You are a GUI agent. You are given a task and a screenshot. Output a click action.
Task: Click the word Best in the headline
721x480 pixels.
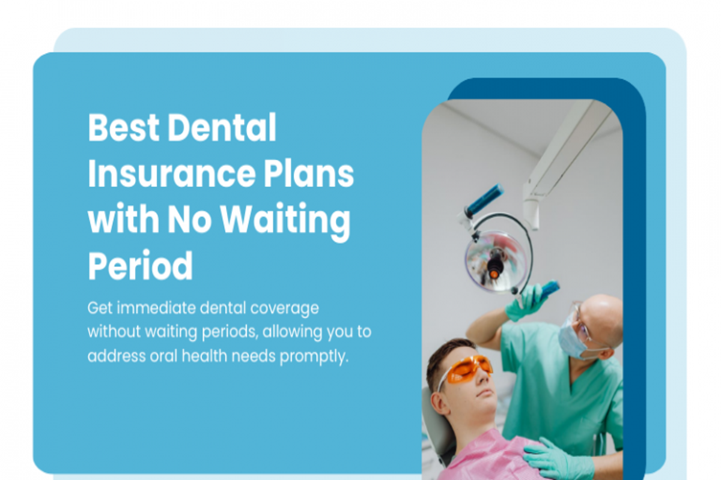point(124,127)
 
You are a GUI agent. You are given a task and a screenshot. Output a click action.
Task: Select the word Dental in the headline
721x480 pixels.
point(222,127)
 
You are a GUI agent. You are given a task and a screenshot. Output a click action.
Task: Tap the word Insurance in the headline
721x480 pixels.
point(172,173)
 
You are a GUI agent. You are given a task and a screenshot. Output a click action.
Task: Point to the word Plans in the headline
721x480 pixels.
point(309,173)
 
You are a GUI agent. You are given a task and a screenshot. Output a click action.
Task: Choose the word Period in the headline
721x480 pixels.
point(141,266)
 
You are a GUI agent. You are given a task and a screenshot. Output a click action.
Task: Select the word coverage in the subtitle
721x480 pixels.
point(285,309)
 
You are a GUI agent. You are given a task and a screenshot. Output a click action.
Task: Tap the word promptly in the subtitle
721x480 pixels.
point(314,357)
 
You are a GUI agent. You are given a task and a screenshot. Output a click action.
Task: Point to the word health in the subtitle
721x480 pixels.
point(204,356)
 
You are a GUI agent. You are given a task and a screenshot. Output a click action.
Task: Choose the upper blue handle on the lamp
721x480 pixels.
point(485,199)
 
